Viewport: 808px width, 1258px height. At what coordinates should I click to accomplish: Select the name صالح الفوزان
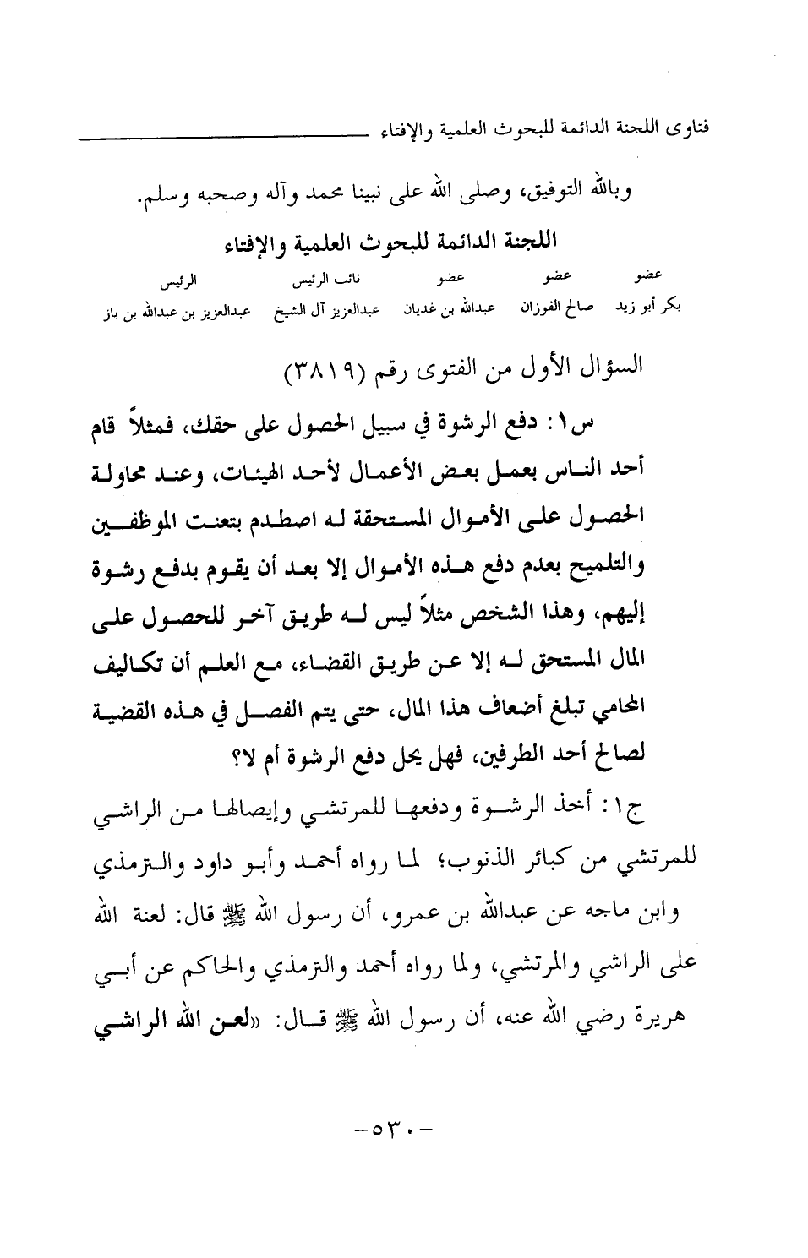pos(567,308)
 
